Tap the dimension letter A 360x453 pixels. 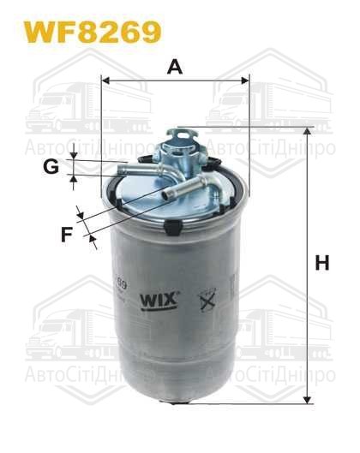[175, 66]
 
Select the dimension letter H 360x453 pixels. [321, 264]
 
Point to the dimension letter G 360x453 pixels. [52, 167]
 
